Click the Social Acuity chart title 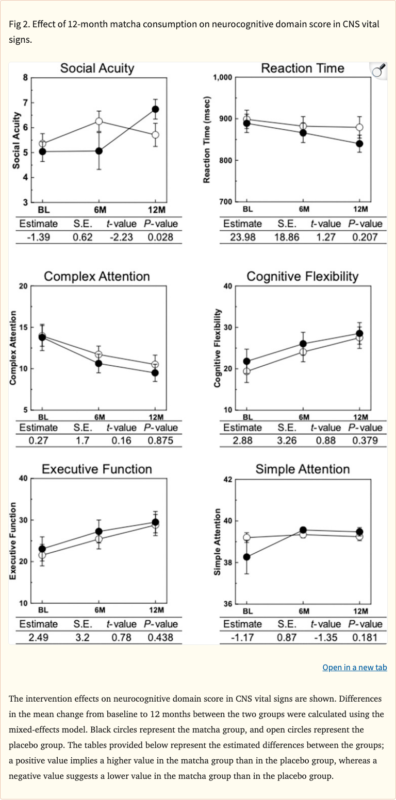(97, 68)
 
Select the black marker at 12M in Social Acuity (155, 109)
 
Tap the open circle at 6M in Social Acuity (99, 121)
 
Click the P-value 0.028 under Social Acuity (160, 237)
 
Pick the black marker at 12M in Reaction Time (359, 144)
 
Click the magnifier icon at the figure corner (378, 71)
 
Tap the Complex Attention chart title (97, 277)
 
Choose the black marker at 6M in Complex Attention (99, 363)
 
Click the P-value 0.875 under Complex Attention (160, 440)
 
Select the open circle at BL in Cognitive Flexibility (247, 371)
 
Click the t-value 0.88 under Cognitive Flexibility (325, 440)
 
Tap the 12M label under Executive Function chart (156, 610)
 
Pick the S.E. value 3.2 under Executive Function (82, 637)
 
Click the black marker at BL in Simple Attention (247, 557)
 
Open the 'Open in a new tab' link (354, 668)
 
